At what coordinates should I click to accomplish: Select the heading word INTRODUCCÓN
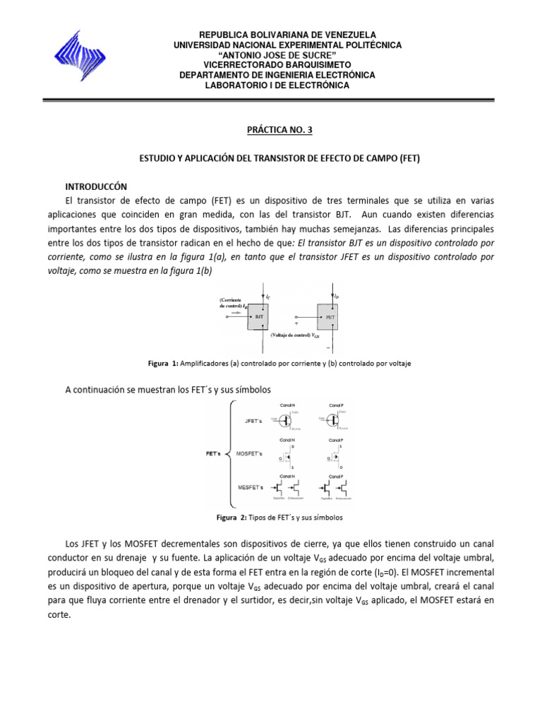click(x=96, y=186)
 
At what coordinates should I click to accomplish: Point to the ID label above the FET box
click(x=338, y=297)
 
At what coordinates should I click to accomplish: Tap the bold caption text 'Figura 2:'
click(x=231, y=518)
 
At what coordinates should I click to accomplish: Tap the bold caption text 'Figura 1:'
click(x=164, y=363)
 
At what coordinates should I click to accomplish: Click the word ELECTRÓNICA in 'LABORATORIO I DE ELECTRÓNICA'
click(x=315, y=85)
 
